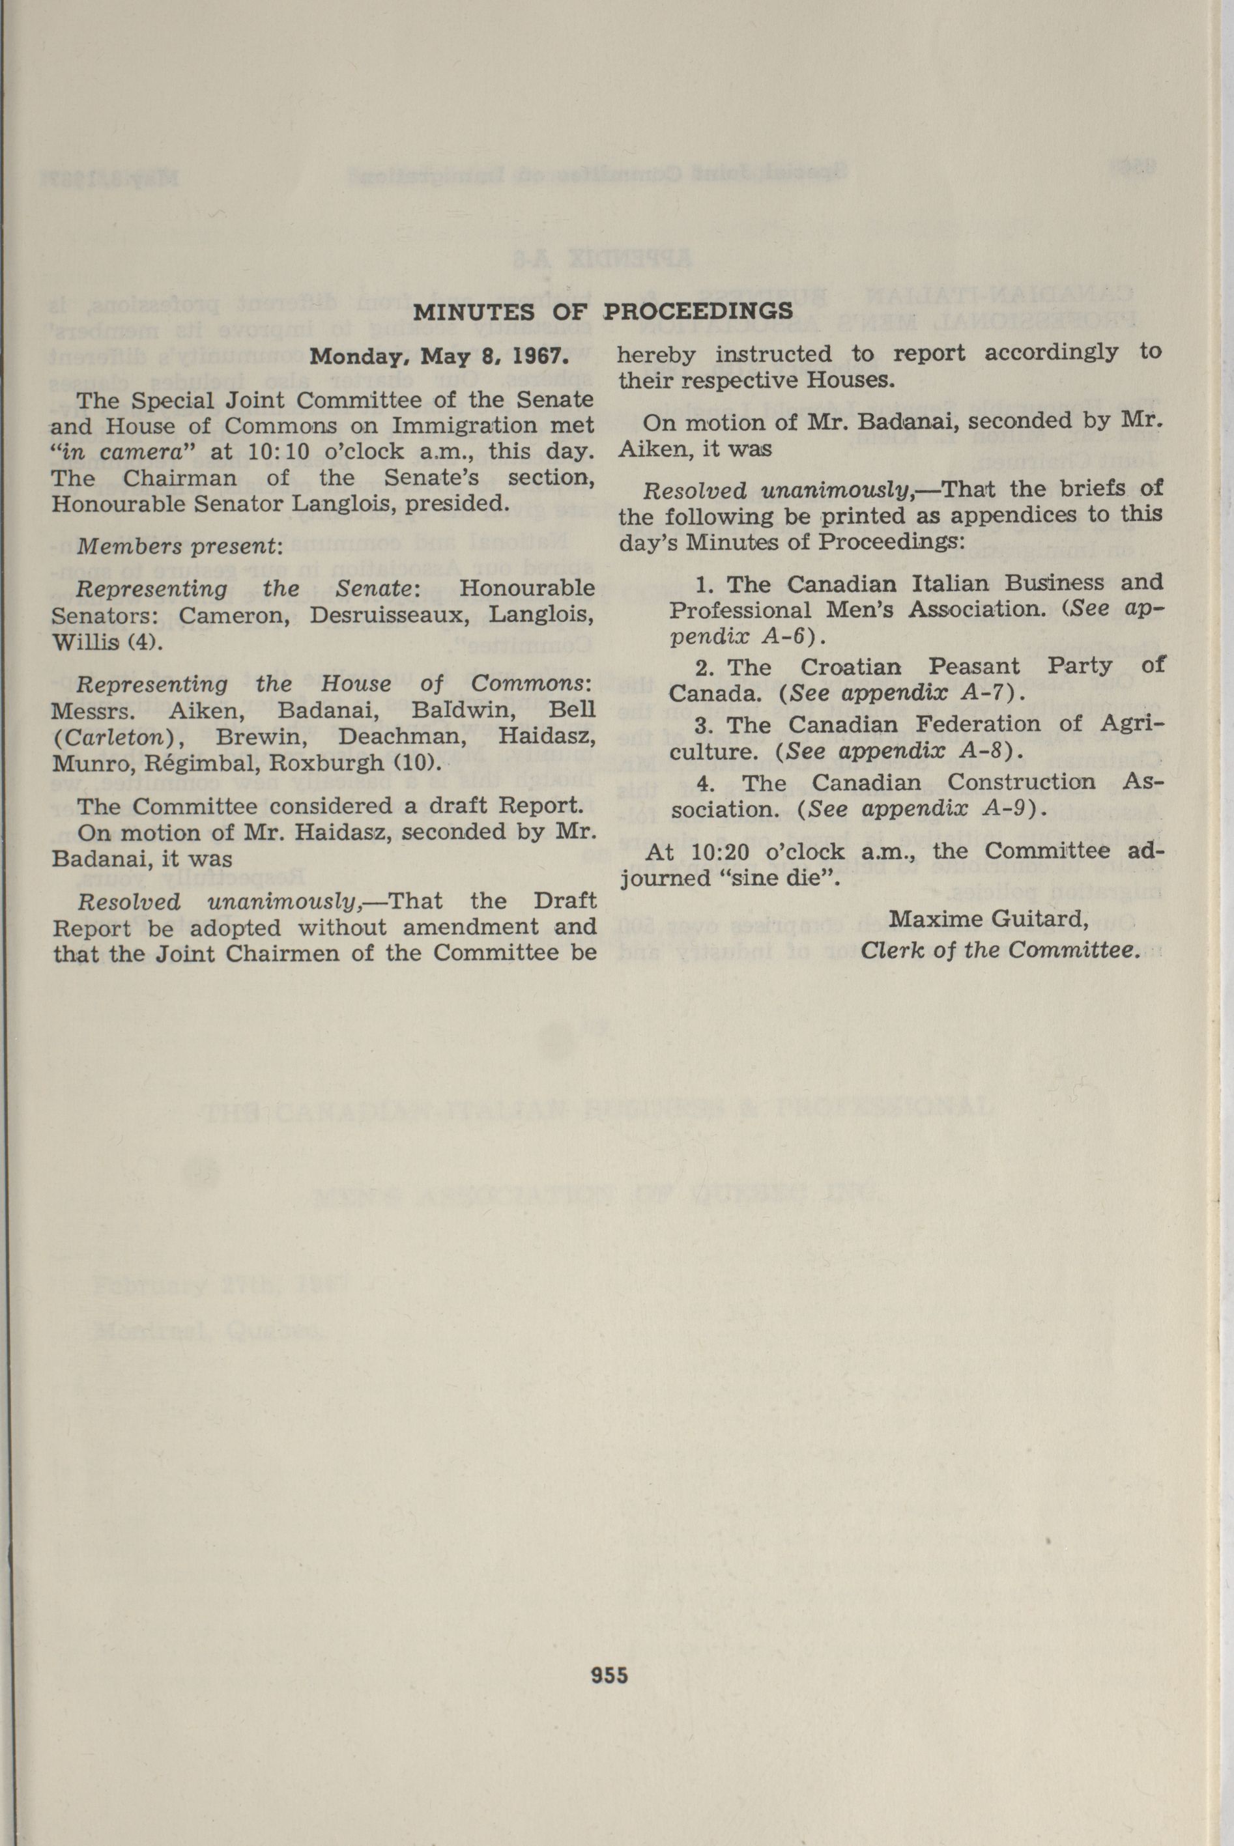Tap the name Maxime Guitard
tap(988, 918)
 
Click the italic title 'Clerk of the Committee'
tap(999, 950)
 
